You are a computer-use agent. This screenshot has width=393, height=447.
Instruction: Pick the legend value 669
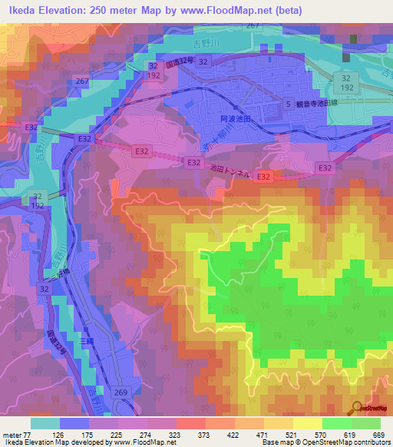377,434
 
